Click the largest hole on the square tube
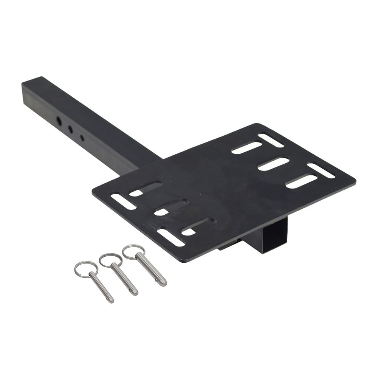(x=59, y=121)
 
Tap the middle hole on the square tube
(x=70, y=129)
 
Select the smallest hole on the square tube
(x=82, y=138)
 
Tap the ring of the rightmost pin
(x=133, y=251)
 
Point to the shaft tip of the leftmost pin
(x=110, y=300)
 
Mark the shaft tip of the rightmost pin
(x=163, y=283)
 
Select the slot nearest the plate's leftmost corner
(x=123, y=202)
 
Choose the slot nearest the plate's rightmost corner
(x=321, y=170)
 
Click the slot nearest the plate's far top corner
(x=271, y=140)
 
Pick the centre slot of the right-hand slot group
(x=273, y=164)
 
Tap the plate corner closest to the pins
(x=184, y=261)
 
